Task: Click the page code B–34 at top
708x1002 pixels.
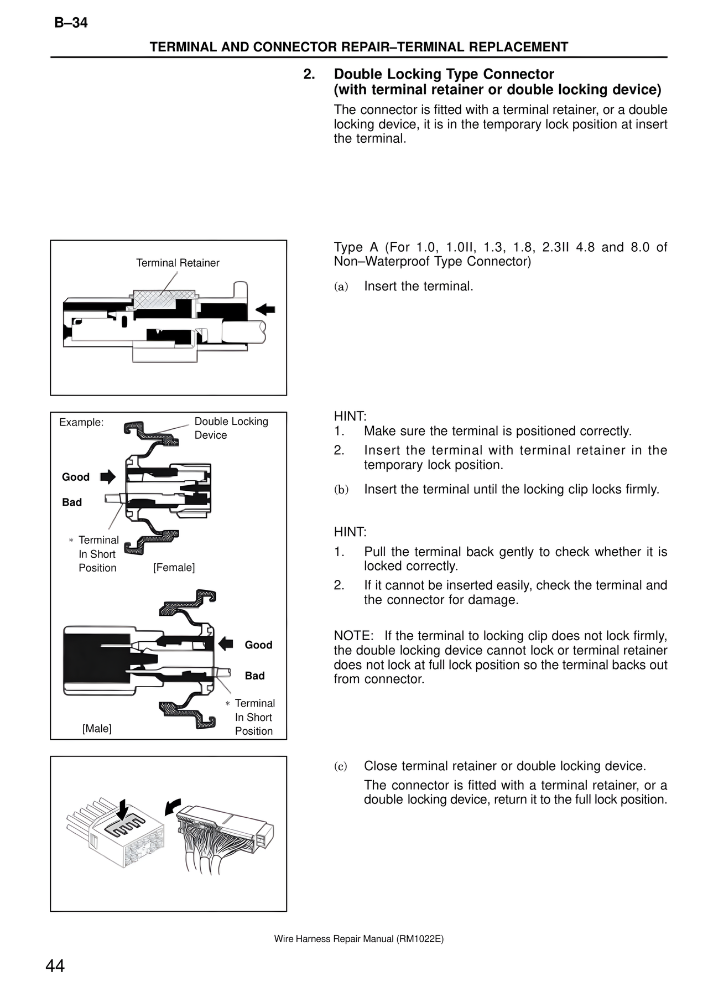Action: coord(71,23)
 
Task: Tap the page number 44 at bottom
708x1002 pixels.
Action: coord(55,966)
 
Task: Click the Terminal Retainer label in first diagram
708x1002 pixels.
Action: coord(178,263)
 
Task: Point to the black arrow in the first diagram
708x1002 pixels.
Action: coord(265,309)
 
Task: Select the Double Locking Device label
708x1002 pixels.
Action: coord(231,428)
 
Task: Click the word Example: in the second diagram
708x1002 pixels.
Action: coord(81,422)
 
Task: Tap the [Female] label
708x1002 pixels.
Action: coord(174,568)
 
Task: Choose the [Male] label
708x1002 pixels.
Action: coord(97,729)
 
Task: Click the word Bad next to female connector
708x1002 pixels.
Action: coord(72,502)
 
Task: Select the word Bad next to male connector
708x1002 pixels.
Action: coord(254,676)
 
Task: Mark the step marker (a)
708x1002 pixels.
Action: coord(341,287)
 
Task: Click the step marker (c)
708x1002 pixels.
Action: coord(341,766)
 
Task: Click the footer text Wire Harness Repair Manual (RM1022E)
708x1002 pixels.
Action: coord(358,939)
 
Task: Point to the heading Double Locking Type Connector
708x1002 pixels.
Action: coord(444,74)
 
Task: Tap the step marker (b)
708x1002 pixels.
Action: coord(341,490)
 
